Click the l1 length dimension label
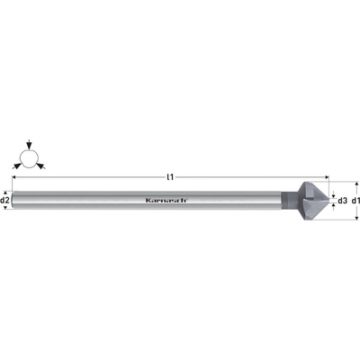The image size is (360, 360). [x=170, y=177]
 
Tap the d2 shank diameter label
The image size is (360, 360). [x=5, y=200]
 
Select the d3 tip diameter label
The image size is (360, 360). [x=342, y=201]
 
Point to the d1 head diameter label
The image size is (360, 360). [x=355, y=201]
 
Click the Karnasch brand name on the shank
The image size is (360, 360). [x=166, y=201]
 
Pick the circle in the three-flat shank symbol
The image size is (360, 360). [x=29, y=159]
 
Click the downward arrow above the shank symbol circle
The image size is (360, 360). [x=29, y=145]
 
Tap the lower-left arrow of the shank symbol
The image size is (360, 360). [x=17, y=166]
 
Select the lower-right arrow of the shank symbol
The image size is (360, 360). [x=40, y=166]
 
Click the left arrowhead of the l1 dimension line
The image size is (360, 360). [x=14, y=177]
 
